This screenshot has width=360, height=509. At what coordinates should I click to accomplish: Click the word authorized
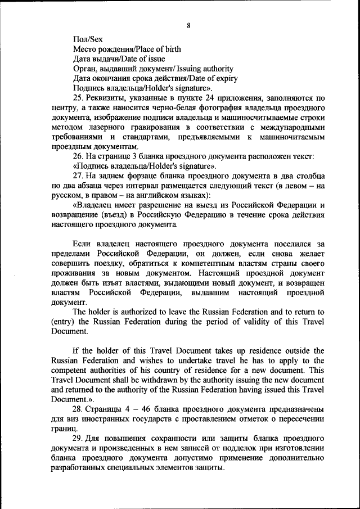point(150,312)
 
